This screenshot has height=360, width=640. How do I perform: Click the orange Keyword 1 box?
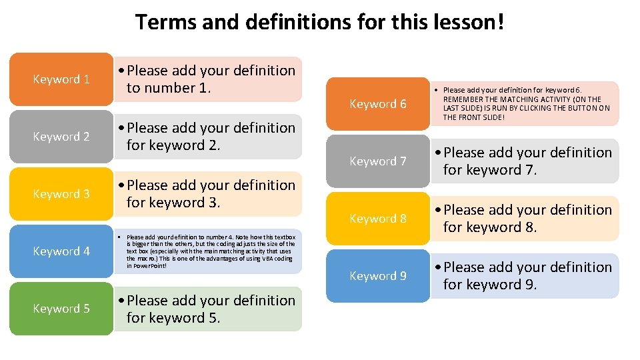61,79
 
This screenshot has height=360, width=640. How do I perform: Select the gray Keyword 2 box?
61,137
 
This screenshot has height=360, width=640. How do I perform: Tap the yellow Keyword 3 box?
61,194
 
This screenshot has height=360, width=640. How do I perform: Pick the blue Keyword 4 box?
61,251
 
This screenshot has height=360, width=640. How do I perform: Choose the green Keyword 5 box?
61,309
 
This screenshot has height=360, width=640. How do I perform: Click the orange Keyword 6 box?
378,104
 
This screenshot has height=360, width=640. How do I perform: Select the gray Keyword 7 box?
378,161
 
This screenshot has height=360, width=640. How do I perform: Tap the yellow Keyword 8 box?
378,219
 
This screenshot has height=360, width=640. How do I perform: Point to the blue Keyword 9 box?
378,276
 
